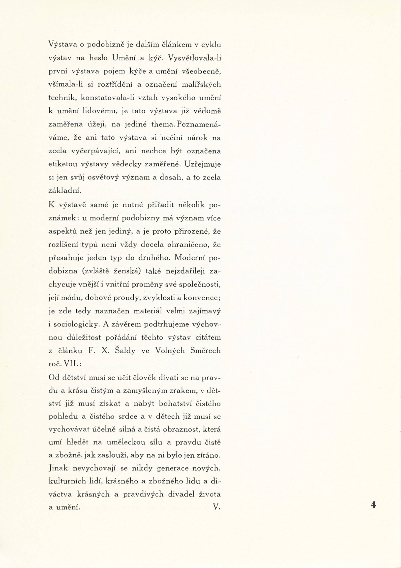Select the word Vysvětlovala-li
pyautogui.click(x=194, y=58)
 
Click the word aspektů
pyautogui.click(x=64, y=232)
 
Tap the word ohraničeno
pyautogui.click(x=193, y=245)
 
